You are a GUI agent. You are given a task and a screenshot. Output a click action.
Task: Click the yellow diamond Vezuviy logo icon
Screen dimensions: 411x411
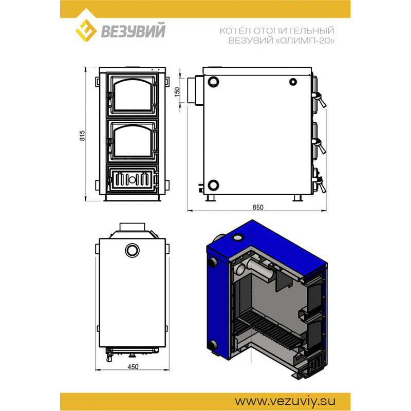pos(86,30)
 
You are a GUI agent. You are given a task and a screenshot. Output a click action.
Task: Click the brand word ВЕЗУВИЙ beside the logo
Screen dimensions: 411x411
pos(133,30)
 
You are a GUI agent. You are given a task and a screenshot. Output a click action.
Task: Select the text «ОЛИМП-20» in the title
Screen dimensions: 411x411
pos(305,41)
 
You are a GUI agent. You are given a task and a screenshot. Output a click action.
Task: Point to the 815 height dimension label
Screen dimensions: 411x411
pos(82,136)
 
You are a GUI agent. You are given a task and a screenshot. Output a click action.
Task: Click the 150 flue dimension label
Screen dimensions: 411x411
pos(177,92)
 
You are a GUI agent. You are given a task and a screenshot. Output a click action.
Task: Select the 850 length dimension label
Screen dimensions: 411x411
pos(258,207)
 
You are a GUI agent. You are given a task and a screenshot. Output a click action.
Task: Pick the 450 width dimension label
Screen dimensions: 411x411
pos(133,366)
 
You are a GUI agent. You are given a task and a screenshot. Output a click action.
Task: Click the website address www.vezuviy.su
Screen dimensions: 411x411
pos(285,401)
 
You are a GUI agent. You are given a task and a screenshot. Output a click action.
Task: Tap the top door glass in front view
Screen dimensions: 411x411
pos(133,95)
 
